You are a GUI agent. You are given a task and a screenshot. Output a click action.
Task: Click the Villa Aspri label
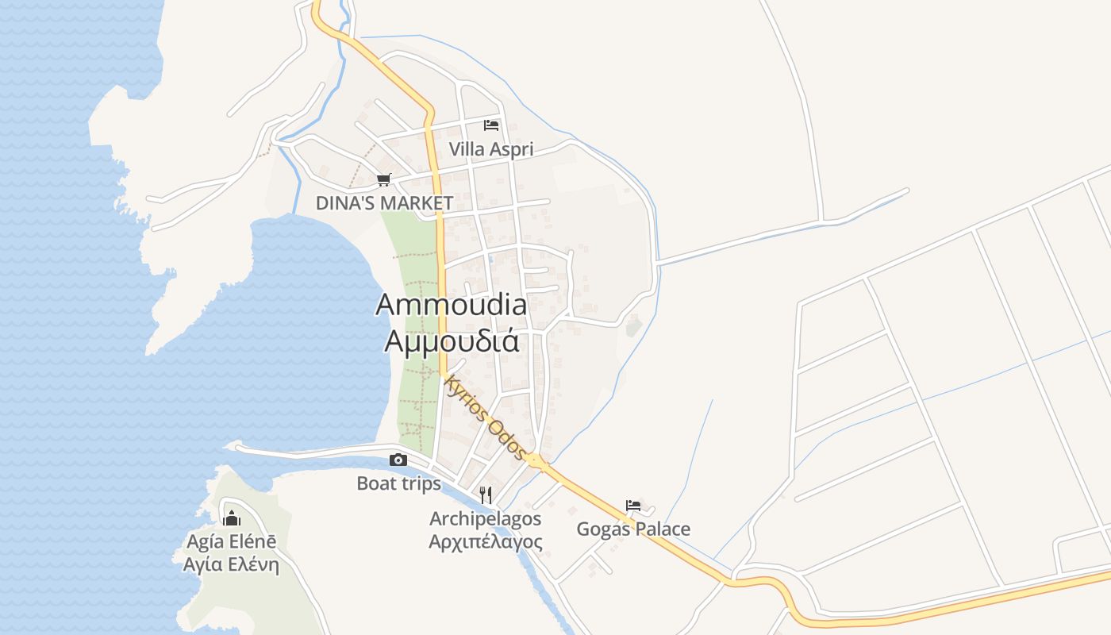tap(491, 149)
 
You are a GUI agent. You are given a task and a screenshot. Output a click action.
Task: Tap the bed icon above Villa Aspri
tap(491, 125)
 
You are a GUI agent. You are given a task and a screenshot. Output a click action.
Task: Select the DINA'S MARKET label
tap(384, 203)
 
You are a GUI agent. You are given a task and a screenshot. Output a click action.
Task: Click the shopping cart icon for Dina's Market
tap(384, 179)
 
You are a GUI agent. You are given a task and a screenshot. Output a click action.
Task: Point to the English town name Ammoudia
tap(451, 305)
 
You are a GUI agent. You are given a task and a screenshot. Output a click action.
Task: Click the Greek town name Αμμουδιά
tap(452, 341)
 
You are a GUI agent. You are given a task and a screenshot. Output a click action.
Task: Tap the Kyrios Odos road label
tap(485, 418)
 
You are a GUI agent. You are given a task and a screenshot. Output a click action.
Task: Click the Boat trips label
tap(398, 483)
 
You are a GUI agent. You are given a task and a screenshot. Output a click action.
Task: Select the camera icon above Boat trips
tap(398, 460)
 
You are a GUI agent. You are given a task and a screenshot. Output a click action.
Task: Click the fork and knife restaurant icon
tap(486, 495)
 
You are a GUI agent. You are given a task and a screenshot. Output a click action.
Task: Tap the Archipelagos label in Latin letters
tap(486, 519)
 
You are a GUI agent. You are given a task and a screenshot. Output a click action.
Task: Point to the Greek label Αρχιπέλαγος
tap(486, 542)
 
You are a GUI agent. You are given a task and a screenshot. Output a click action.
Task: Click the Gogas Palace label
tap(633, 529)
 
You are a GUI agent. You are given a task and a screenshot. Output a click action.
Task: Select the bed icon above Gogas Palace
tap(633, 505)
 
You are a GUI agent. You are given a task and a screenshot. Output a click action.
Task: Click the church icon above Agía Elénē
tap(232, 519)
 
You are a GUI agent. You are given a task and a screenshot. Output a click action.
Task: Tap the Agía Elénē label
tap(232, 542)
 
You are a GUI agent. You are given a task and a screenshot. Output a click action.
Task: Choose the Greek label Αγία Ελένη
tap(232, 565)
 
